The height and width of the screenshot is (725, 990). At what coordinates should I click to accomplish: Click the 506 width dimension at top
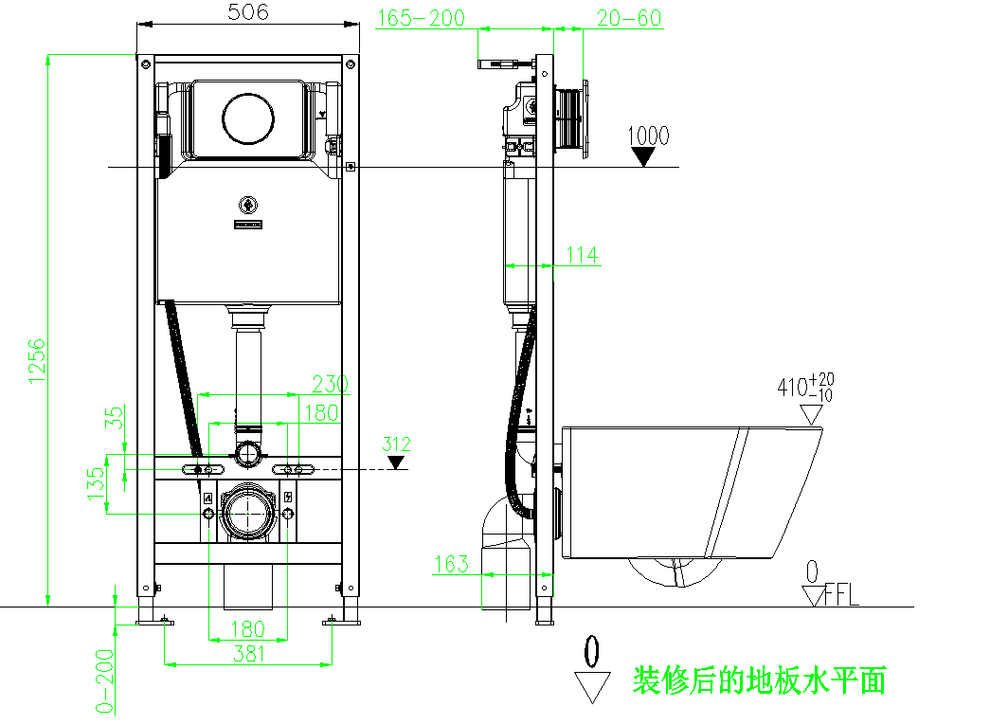[248, 12]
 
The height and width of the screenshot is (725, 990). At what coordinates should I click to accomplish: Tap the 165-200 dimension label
[422, 18]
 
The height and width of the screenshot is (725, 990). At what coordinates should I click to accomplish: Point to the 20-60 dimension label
[629, 18]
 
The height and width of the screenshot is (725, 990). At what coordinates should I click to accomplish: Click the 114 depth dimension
[582, 254]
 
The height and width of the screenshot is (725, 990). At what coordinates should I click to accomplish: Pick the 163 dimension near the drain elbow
[451, 564]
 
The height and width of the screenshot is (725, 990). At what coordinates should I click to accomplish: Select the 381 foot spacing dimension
[248, 653]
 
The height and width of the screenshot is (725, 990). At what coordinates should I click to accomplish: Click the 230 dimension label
[331, 384]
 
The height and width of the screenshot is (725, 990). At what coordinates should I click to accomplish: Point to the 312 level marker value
[397, 444]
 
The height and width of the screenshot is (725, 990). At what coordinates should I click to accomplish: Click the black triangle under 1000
[645, 157]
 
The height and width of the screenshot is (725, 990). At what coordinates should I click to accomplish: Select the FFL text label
[841, 596]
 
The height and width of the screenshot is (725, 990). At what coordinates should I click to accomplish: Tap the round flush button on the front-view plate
[248, 118]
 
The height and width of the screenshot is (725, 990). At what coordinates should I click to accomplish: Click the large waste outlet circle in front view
[248, 515]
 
